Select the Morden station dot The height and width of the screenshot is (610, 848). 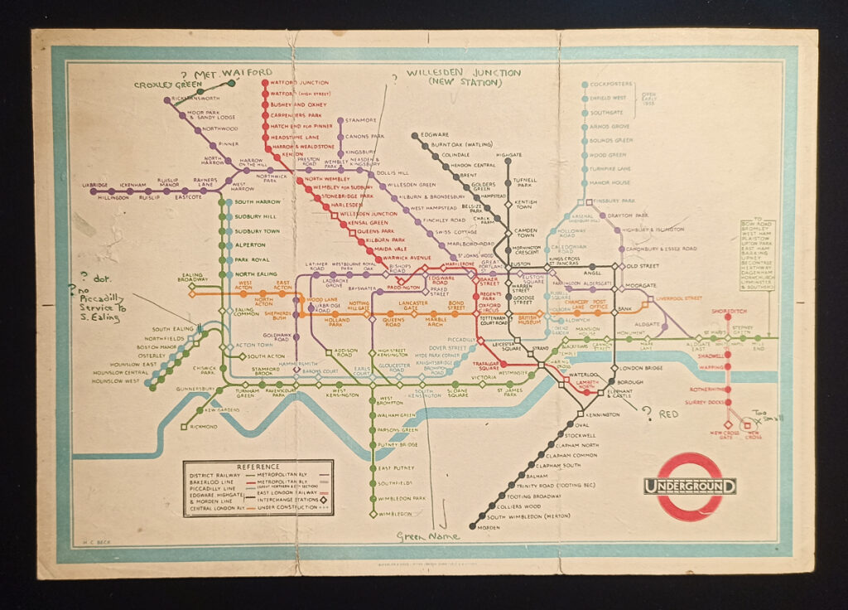pyautogui.click(x=472, y=525)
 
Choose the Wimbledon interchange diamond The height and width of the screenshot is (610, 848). pyautogui.click(x=372, y=514)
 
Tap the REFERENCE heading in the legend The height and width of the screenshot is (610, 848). pyautogui.click(x=258, y=467)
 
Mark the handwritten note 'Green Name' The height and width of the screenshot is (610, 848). pyautogui.click(x=427, y=538)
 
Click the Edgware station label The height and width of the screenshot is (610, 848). pyautogui.click(x=435, y=134)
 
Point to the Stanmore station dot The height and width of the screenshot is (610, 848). pyautogui.click(x=340, y=121)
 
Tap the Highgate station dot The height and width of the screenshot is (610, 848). pyautogui.click(x=508, y=161)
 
